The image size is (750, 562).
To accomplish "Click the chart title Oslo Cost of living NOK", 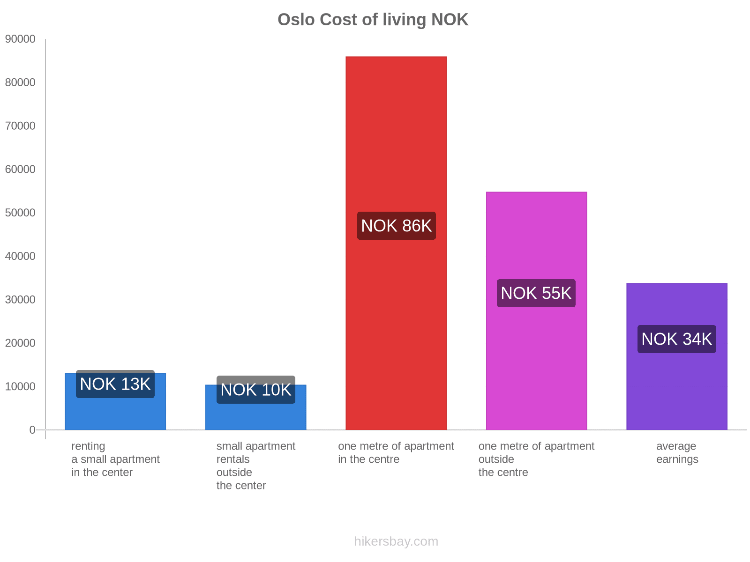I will pyautogui.click(x=373, y=20).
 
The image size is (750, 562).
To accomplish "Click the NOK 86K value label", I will pyautogui.click(x=396, y=226).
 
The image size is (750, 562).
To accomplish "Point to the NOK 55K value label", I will pyautogui.click(x=536, y=293).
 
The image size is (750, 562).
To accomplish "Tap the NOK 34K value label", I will pyautogui.click(x=676, y=339).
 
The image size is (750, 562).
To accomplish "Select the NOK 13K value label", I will pyautogui.click(x=115, y=384).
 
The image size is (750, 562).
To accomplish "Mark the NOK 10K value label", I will pyautogui.click(x=255, y=390).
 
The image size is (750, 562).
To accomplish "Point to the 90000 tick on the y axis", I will pyautogui.click(x=20, y=39).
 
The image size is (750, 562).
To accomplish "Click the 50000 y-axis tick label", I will pyautogui.click(x=20, y=213).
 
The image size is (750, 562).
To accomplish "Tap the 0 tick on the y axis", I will pyautogui.click(x=32, y=430).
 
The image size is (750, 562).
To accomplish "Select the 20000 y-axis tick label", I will pyautogui.click(x=20, y=343).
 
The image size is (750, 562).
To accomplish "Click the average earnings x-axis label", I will pyautogui.click(x=676, y=453).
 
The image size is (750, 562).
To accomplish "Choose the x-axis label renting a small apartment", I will pyautogui.click(x=115, y=459).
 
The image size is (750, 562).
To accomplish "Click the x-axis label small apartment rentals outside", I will pyautogui.click(x=255, y=466).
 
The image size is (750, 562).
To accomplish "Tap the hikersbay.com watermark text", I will pyautogui.click(x=396, y=541).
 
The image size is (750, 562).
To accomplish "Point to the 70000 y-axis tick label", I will pyautogui.click(x=20, y=126).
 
